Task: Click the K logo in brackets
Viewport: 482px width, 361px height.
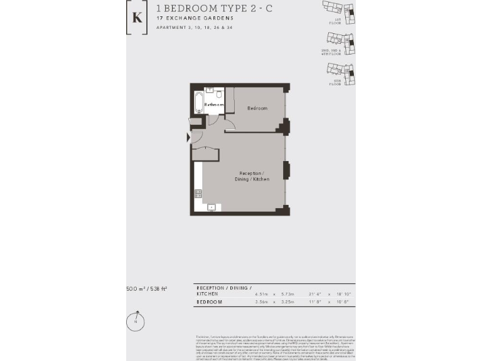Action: pos(137,18)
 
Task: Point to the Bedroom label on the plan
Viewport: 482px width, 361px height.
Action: pos(257,108)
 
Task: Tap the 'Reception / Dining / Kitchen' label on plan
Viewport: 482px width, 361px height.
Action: pos(254,176)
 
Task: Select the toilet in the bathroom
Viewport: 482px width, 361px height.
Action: pos(219,95)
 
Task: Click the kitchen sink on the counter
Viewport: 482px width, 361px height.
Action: pos(212,207)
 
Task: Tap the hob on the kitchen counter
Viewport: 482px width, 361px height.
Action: pos(198,194)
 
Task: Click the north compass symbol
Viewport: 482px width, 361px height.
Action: pos(135,321)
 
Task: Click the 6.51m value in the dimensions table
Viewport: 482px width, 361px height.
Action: pos(261,293)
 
